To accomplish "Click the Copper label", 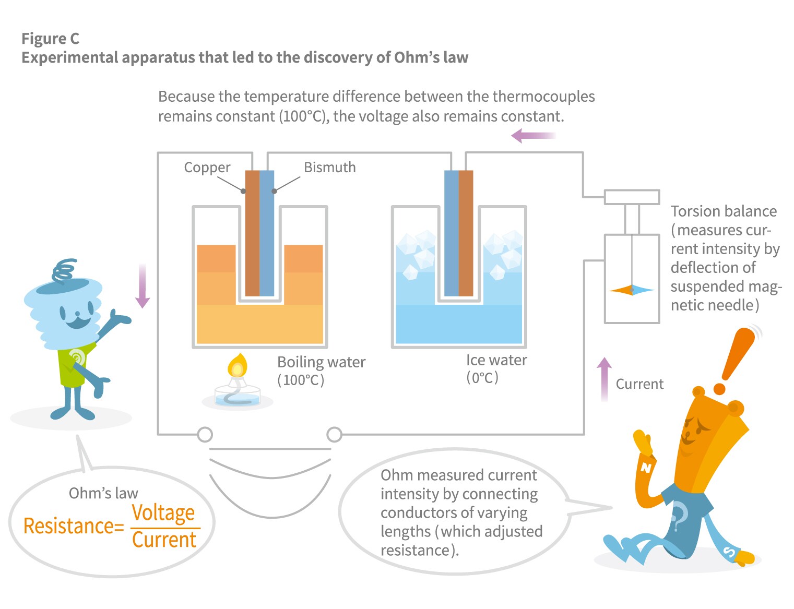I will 207,168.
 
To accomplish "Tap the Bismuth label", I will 329,168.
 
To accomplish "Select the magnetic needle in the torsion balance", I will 632,290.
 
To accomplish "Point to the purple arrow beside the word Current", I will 604,378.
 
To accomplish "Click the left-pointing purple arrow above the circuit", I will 532,136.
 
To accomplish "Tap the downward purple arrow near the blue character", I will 142,286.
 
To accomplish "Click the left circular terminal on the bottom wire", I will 205,434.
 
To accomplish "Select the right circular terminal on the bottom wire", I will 334,434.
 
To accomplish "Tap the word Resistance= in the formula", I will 73,526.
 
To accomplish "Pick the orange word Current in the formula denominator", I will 164,540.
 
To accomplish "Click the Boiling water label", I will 321,362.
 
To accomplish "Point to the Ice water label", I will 496,360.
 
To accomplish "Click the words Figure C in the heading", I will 50,39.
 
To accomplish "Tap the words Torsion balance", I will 723,211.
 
